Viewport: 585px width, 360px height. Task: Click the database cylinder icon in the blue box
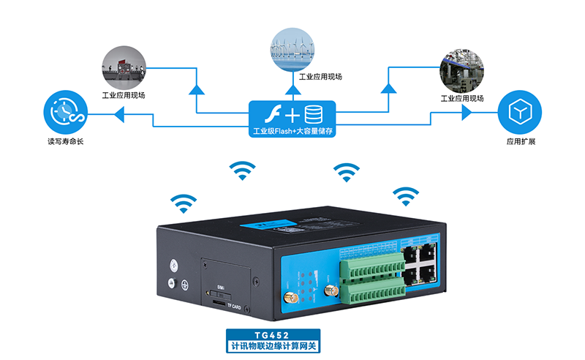coord(315,114)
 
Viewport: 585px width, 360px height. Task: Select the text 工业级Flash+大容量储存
coord(292,132)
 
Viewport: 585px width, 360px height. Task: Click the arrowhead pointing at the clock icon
coord(119,113)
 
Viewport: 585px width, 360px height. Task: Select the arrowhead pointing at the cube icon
coord(466,113)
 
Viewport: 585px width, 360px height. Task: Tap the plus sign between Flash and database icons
coord(292,115)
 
